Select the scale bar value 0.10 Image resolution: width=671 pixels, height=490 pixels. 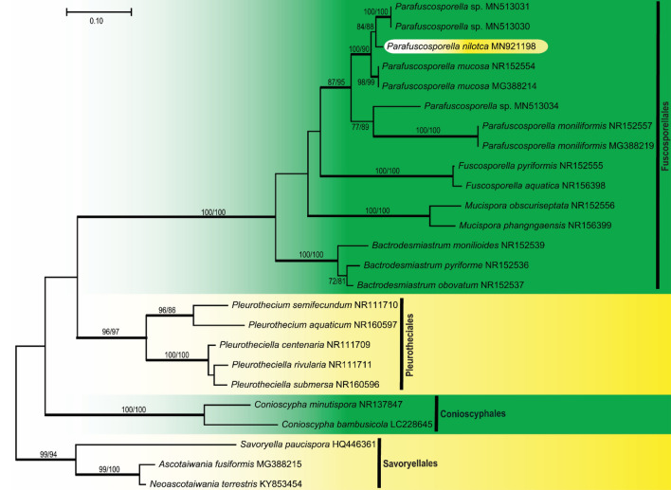[98, 21]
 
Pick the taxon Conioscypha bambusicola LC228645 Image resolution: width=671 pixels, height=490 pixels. [342, 425]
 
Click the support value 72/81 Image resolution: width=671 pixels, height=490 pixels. [337, 281]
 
